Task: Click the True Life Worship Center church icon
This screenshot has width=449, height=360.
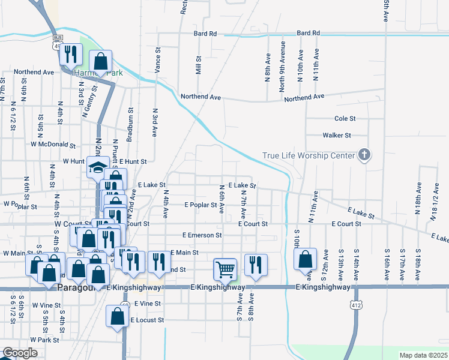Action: pos(363,155)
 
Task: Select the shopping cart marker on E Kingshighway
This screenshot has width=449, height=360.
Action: pos(224,269)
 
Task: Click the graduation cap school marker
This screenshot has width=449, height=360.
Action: pos(97,168)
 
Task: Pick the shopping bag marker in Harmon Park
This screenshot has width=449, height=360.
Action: pos(100,61)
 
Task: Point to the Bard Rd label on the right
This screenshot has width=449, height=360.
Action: pos(308,33)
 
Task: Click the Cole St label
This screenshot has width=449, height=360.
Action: pos(345,119)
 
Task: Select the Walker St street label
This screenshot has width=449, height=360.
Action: pos(336,136)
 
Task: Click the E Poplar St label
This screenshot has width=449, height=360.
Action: pos(200,205)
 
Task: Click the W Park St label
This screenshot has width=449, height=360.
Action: pos(45,340)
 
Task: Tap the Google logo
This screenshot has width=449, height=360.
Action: pos(20,353)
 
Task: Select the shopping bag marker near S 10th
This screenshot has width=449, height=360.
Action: pos(306,259)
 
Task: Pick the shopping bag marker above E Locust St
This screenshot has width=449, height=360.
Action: pos(116,316)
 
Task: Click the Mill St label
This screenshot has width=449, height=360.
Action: pos(198,66)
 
